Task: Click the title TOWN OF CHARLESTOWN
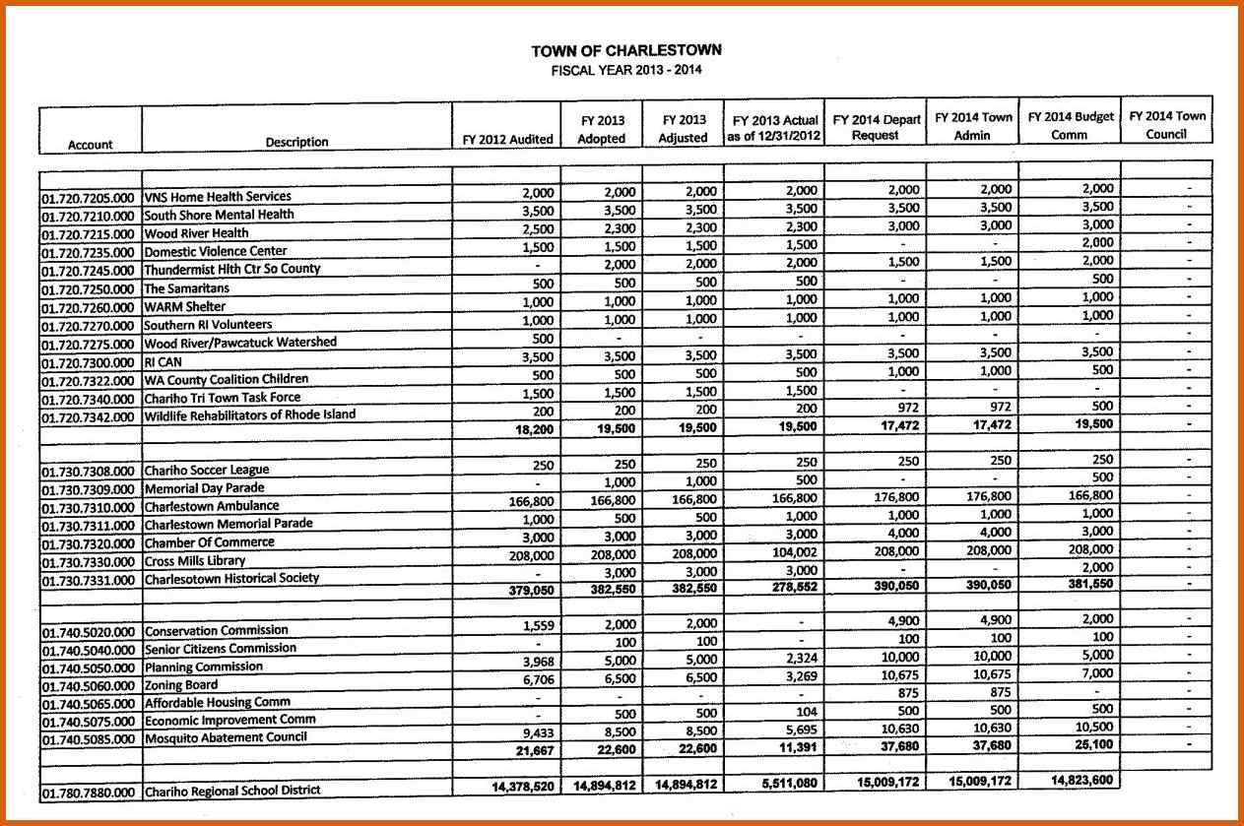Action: point(625,50)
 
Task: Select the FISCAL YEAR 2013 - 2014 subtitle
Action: point(625,70)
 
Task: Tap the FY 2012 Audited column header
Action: point(507,139)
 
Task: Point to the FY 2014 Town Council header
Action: point(1167,125)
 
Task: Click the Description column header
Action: point(296,142)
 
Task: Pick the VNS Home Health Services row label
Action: point(218,197)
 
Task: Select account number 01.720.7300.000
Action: point(89,362)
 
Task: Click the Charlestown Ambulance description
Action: point(212,507)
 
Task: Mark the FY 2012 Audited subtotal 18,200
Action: point(533,429)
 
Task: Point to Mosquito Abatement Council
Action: point(226,737)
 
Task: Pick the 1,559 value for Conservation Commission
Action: point(538,624)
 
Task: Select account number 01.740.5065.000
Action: point(89,704)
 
